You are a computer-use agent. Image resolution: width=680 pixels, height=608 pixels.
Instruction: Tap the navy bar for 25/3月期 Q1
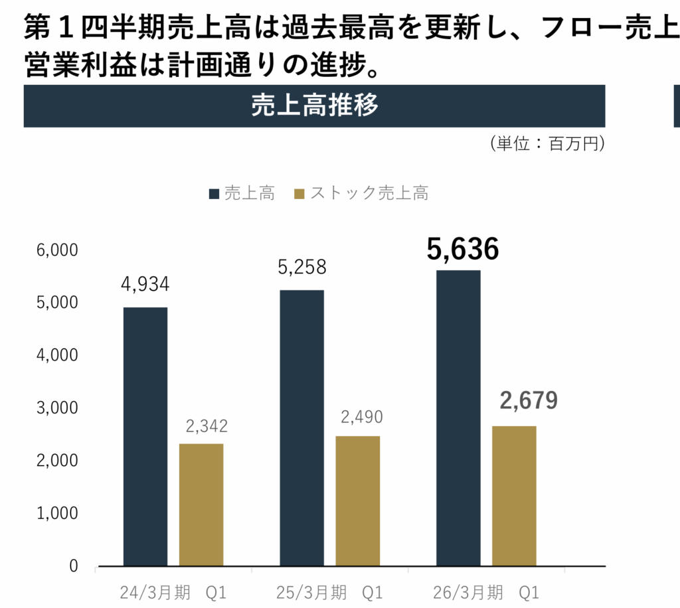[x=301, y=428]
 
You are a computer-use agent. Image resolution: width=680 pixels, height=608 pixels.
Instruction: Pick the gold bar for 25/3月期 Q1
[x=357, y=501]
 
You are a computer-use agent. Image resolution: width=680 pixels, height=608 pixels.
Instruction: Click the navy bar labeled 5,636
[x=458, y=418]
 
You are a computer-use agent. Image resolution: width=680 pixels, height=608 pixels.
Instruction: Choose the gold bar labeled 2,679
[x=514, y=496]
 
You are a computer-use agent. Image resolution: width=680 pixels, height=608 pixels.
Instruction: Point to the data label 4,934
[x=145, y=284]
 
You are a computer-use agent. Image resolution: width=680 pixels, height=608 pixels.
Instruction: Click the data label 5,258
[x=302, y=267]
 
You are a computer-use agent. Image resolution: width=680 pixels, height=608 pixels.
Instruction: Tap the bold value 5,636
[x=463, y=249]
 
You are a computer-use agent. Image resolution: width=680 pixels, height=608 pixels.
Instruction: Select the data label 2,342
[x=206, y=426]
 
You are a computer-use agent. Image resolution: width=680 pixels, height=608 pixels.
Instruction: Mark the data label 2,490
[x=362, y=418]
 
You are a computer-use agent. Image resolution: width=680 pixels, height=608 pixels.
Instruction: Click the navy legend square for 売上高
[x=214, y=194]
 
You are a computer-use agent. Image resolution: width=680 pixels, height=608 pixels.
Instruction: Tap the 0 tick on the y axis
[x=73, y=566]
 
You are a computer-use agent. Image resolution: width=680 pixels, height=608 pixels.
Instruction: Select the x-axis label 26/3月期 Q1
[x=485, y=591]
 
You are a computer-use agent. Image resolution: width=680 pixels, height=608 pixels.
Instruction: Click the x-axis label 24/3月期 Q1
[x=173, y=591]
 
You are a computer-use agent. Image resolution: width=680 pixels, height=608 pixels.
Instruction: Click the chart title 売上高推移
[x=315, y=106]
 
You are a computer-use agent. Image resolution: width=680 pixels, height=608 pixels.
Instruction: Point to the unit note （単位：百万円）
[x=547, y=144]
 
